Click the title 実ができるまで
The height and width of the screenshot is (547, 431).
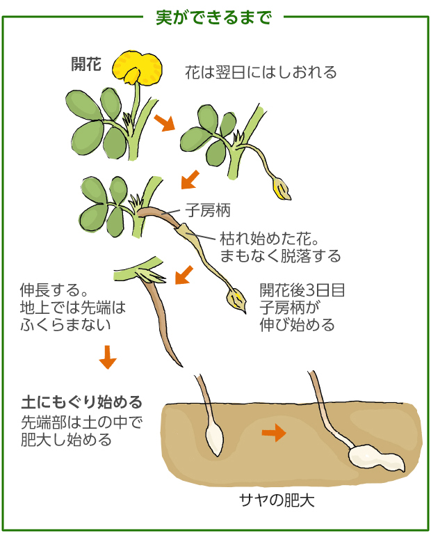pyautogui.click(x=213, y=17)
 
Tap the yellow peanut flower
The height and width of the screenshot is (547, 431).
pyautogui.click(x=137, y=68)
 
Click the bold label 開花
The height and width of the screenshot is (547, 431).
pyautogui.click(x=86, y=64)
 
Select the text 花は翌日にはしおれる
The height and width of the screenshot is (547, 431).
pyautogui.click(x=261, y=72)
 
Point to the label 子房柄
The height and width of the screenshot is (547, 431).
pyautogui.click(x=208, y=210)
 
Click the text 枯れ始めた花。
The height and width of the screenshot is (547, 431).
pyautogui.click(x=269, y=239)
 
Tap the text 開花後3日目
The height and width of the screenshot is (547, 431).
pyautogui.click(x=302, y=290)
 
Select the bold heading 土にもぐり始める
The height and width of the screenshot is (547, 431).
pyautogui.click(x=82, y=402)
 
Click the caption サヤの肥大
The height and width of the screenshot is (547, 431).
pyautogui.click(x=277, y=500)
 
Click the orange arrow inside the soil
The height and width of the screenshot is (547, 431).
pyautogui.click(x=274, y=433)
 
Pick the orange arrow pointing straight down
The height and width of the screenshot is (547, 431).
pyautogui.click(x=108, y=357)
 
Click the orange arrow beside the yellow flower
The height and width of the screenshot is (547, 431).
pyautogui.click(x=164, y=122)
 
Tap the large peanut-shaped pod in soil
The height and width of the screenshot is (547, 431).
pyautogui.click(x=376, y=458)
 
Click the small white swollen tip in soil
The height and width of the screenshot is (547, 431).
pyautogui.click(x=214, y=438)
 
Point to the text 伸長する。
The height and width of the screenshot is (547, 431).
pyautogui.click(x=54, y=290)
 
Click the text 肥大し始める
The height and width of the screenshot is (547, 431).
pyautogui.click(x=66, y=440)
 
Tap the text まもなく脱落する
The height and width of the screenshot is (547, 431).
pyautogui.click(x=280, y=256)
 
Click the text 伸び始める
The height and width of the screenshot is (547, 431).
pyautogui.click(x=298, y=325)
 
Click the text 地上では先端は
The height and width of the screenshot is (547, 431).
pyautogui.click(x=73, y=308)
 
